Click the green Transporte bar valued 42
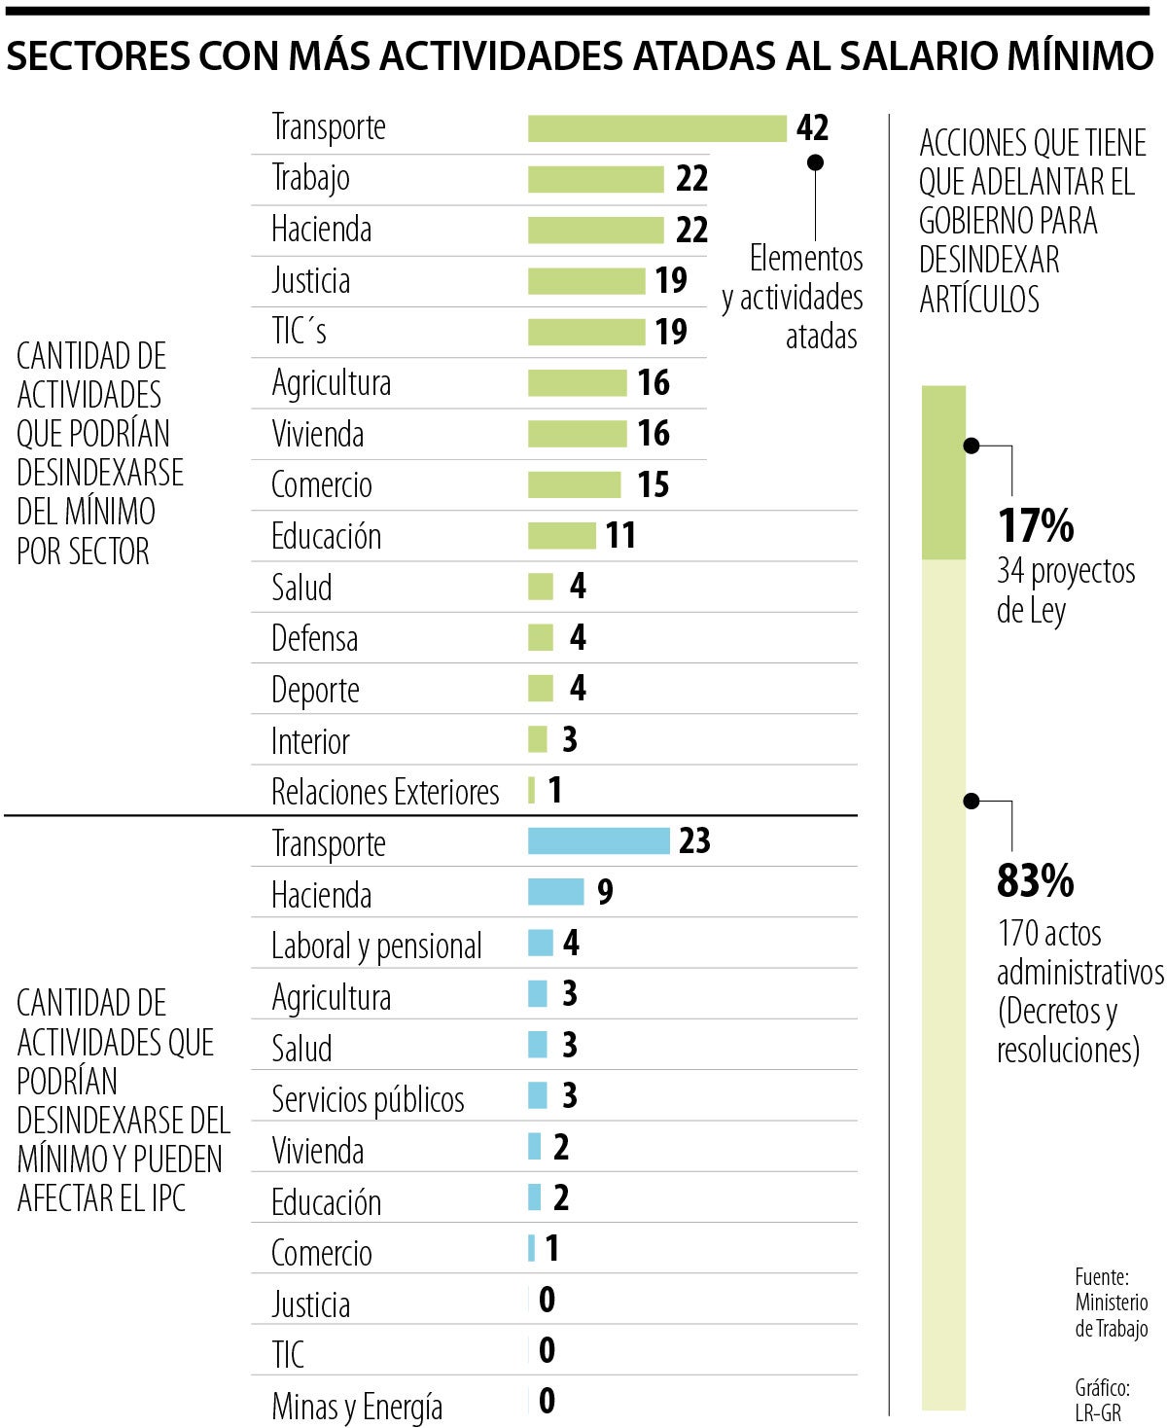656,128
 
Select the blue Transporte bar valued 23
598,841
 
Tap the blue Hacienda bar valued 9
555,892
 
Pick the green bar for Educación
561,535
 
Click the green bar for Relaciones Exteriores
531,790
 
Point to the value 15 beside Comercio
653,484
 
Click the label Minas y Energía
357,1406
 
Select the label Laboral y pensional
376,946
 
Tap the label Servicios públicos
368,1099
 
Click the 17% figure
1036,526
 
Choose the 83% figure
1036,881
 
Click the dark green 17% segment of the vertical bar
943,473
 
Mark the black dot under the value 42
815,162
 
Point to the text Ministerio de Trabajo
1112,1315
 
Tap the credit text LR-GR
1098,1412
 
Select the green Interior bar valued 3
537,739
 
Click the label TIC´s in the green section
299,332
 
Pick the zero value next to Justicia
547,1300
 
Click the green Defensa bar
540,637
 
